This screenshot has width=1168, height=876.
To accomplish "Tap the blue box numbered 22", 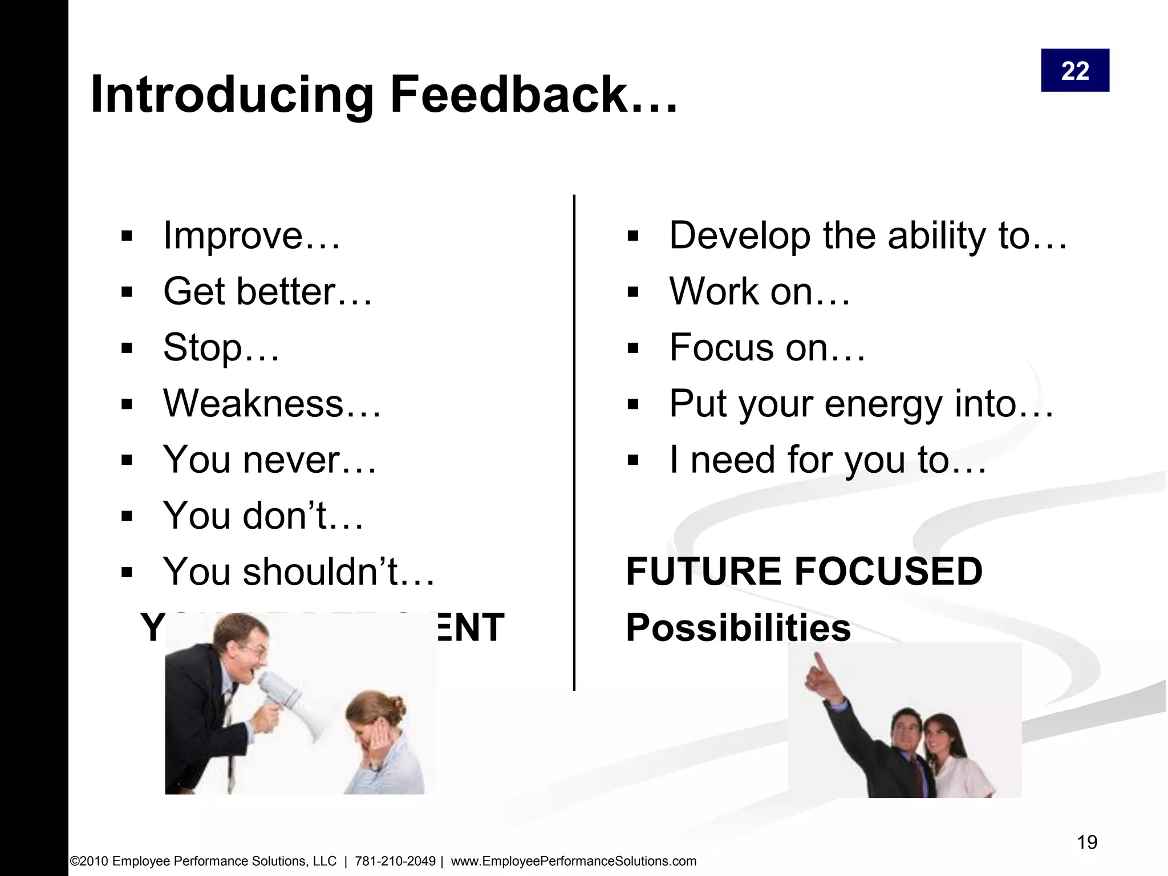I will click(1074, 71).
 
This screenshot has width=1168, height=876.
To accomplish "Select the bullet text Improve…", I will click(252, 236).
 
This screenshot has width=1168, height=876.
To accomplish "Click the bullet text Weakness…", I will click(272, 404).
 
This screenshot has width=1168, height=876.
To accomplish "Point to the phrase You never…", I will click(270, 460).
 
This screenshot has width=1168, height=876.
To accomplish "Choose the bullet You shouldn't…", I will click(299, 571).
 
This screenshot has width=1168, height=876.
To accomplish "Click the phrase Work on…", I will click(759, 291).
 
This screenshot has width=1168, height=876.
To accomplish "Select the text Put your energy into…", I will click(861, 404).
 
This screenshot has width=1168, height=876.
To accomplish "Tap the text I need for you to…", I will click(828, 460).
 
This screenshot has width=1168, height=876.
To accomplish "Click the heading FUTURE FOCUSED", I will click(804, 571).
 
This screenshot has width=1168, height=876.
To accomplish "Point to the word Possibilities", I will click(738, 627).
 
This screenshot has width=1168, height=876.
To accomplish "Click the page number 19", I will click(1087, 842).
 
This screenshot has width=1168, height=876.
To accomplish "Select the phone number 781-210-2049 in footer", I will click(395, 861).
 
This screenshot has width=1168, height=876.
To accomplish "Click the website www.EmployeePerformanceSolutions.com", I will click(573, 861).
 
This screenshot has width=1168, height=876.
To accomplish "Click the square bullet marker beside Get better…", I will click(127, 293).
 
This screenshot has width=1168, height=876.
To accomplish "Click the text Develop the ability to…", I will click(867, 236).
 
